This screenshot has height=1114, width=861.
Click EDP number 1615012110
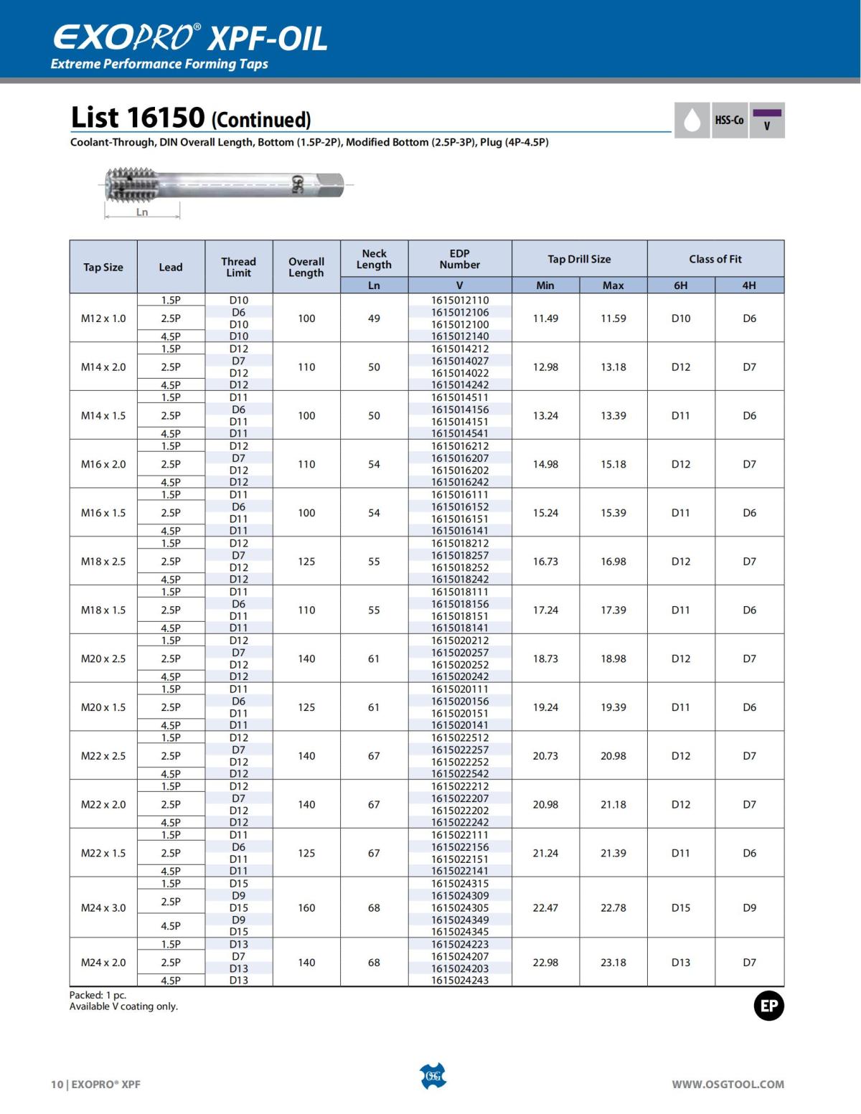(x=460, y=300)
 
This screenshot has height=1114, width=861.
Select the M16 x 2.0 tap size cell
(x=103, y=464)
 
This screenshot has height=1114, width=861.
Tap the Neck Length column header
(x=374, y=259)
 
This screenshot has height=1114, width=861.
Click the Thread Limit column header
(x=238, y=267)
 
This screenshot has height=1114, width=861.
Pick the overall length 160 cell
(x=306, y=907)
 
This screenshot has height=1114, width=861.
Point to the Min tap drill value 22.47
(x=545, y=907)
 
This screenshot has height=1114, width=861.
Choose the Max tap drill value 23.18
(x=613, y=962)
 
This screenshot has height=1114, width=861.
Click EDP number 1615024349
(x=460, y=920)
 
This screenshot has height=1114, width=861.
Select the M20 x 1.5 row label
(x=103, y=707)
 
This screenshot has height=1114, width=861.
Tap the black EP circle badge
(x=769, y=1006)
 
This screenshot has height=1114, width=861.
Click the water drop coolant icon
(x=692, y=121)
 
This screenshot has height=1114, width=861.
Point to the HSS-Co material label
(x=729, y=121)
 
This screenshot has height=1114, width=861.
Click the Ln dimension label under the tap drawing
(x=142, y=212)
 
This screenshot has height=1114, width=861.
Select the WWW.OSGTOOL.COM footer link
(x=728, y=1085)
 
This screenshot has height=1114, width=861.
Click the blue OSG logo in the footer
(x=433, y=1076)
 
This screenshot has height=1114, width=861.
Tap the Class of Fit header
(x=715, y=259)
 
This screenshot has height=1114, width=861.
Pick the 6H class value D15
(x=680, y=907)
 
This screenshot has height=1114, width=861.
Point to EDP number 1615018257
(x=460, y=555)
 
